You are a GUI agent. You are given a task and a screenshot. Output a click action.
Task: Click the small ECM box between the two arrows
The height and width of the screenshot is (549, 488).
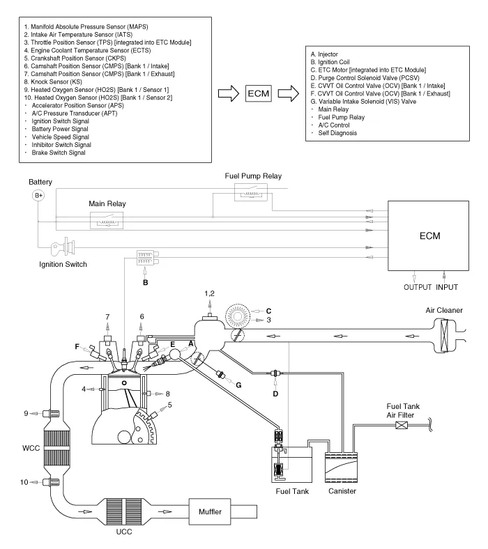pos(259,93)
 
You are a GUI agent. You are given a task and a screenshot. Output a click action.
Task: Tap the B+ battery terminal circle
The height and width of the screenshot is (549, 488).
pos(38,195)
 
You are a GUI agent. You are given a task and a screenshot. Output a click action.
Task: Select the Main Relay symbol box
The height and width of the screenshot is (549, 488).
pos(107,221)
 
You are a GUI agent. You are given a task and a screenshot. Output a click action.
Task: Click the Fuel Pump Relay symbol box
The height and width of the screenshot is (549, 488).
pos(251,192)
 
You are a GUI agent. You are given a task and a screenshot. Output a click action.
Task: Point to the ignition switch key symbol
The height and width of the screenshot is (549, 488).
pos(63,248)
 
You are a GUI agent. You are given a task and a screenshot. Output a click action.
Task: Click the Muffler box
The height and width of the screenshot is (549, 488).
pos(210,511)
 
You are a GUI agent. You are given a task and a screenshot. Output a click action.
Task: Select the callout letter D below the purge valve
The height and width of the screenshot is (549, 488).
pos(275,394)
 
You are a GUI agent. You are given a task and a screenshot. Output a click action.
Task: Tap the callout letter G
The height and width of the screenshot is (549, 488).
pos(238,385)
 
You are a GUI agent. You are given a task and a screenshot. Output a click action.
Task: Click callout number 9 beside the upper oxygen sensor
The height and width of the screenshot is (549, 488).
pos(26,414)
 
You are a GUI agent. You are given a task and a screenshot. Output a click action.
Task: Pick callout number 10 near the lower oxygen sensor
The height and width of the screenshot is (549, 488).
pos(24,482)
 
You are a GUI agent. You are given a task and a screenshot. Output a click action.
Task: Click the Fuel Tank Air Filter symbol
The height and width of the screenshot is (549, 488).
pos(402,426)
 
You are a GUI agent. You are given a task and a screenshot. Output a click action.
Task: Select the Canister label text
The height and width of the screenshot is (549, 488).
pos(342,491)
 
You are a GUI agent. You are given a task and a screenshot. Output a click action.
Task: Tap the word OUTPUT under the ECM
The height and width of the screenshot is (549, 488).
pos(418,287)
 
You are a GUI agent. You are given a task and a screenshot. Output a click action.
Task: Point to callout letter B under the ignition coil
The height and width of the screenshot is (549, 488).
pos(146,283)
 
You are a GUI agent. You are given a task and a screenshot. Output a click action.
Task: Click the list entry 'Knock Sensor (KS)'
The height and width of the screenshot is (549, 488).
pos(53,82)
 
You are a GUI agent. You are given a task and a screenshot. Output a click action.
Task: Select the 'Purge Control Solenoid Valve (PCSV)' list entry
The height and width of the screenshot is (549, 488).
pos(365,78)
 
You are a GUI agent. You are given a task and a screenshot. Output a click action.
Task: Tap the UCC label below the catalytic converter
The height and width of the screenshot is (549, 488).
pos(124,532)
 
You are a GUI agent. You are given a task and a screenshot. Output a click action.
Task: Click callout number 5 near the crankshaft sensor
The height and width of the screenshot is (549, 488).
pos(170,405)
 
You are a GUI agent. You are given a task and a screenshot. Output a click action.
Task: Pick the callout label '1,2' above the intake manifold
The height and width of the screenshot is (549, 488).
pos(210,294)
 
